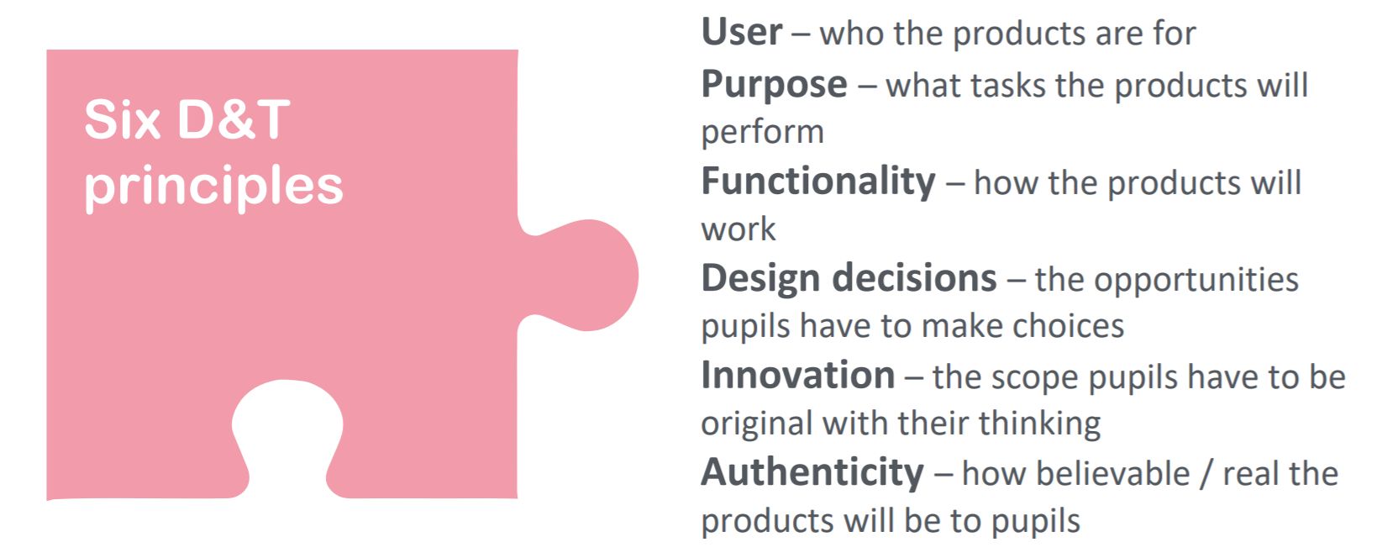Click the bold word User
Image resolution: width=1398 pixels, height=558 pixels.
742,32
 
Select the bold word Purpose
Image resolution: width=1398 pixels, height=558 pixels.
775,86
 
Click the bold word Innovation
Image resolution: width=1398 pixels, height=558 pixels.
797,375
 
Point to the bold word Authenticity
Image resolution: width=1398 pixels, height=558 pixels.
812,473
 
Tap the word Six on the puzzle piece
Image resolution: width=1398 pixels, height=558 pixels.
123,119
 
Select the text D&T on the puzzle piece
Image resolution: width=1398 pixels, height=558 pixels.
234,119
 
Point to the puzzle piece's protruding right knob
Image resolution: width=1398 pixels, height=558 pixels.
586,276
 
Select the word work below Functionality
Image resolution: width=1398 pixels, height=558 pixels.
738,229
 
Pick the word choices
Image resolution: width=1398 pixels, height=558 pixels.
1068,326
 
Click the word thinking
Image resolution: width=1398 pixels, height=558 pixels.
1039,424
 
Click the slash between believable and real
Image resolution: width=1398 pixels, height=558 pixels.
1206,475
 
